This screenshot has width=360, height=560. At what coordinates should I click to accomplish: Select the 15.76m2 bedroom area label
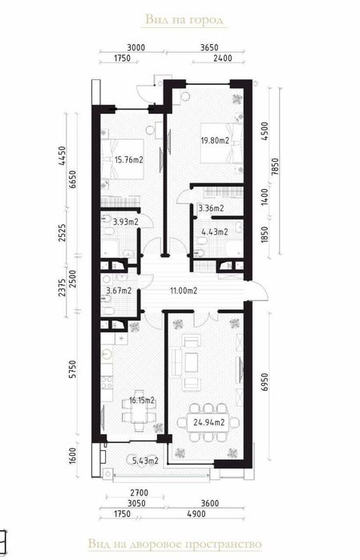(127, 159)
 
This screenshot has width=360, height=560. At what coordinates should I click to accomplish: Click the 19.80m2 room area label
(214, 141)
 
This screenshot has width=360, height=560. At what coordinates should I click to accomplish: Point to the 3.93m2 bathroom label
(124, 221)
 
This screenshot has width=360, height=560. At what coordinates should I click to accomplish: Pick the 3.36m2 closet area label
(210, 208)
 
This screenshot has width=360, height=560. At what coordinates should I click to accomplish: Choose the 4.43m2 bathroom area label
(213, 232)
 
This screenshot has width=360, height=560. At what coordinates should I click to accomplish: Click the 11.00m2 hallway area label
(183, 291)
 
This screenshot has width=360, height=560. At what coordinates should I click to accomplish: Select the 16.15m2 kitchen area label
(141, 398)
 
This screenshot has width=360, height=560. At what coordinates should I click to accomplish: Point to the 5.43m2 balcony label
(146, 460)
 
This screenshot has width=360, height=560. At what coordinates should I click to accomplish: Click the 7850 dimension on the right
(275, 167)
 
